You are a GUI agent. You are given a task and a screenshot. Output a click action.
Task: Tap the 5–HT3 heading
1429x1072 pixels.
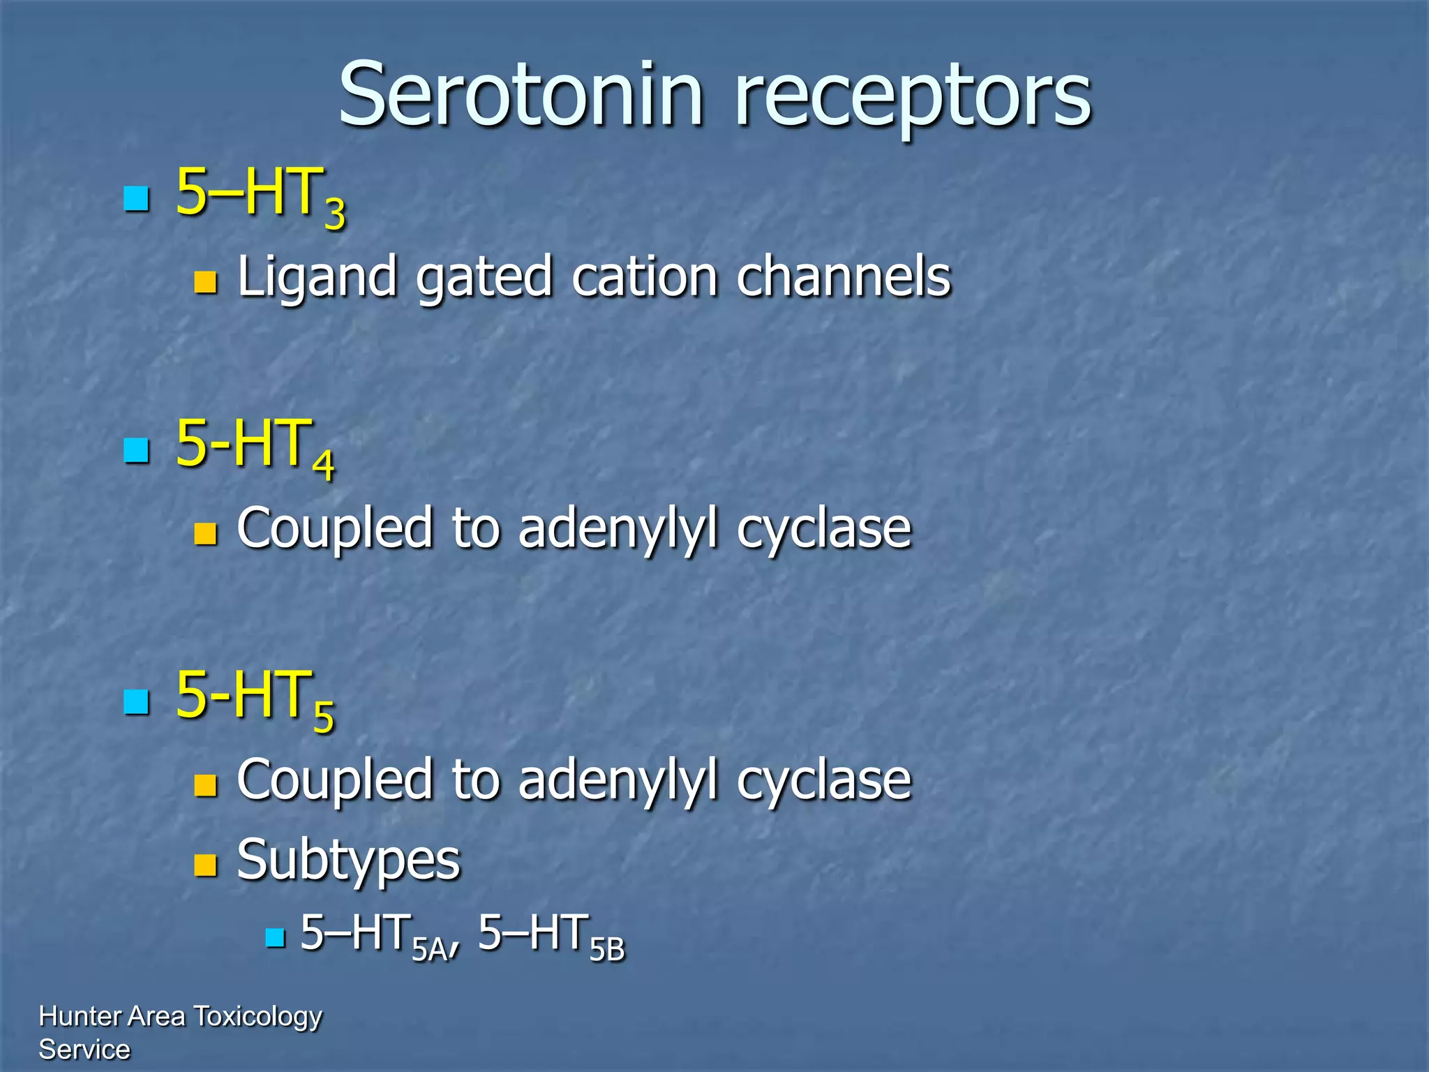coord(260,195)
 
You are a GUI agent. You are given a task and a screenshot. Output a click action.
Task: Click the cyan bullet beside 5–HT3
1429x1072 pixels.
coord(136,198)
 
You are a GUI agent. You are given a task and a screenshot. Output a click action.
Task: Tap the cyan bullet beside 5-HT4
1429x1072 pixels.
coord(136,450)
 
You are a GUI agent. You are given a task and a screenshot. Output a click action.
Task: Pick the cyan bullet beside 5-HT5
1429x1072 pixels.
coord(136,701)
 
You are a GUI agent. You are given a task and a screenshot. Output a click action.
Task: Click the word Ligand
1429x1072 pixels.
coord(317,278)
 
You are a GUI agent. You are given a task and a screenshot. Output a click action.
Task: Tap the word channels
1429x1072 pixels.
coord(844,276)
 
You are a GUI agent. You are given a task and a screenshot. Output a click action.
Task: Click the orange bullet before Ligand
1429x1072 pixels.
coord(205,282)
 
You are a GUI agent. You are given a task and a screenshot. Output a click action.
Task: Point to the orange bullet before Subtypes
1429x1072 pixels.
coord(205,865)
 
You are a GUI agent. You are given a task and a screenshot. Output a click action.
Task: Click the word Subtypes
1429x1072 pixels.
coord(349,861)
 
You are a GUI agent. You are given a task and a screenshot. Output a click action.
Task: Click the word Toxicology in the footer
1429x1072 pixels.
coord(257,1017)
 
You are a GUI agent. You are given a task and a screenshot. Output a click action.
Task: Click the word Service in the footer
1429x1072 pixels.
coord(84,1050)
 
